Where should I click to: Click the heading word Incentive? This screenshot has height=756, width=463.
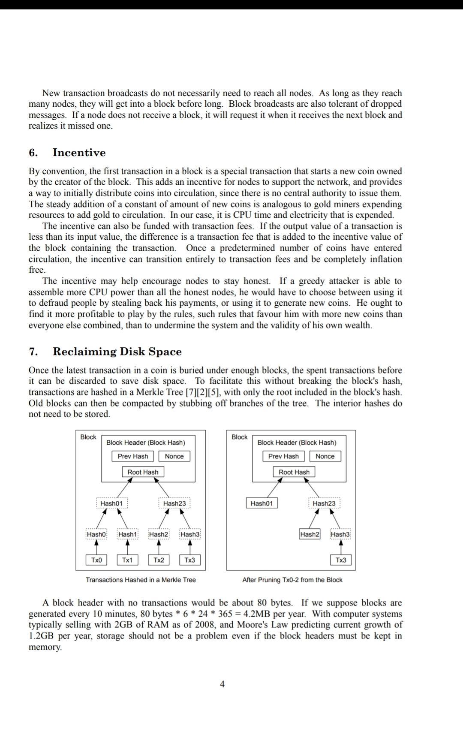click(x=79, y=153)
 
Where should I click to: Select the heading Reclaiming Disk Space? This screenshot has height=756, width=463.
click(x=117, y=352)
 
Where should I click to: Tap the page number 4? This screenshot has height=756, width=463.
click(x=222, y=684)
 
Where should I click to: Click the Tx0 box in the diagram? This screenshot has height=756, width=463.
click(x=96, y=560)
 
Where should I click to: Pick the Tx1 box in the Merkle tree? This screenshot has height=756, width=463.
click(x=127, y=560)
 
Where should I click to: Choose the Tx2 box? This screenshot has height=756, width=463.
click(x=159, y=560)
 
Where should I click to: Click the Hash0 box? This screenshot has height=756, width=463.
click(x=96, y=534)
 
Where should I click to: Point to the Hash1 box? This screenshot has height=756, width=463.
click(x=127, y=534)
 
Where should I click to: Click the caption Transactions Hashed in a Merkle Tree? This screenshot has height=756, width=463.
click(x=141, y=580)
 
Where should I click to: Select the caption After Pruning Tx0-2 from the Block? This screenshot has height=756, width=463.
click(x=292, y=580)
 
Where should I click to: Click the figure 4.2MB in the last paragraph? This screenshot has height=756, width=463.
click(x=257, y=614)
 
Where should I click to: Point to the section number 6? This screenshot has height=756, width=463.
click(x=33, y=153)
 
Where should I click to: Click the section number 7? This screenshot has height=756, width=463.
click(x=33, y=352)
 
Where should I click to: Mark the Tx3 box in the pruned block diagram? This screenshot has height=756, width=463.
click(x=341, y=560)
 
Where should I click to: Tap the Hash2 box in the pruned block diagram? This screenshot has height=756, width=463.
click(x=310, y=534)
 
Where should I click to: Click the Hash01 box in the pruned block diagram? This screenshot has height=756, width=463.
click(x=262, y=503)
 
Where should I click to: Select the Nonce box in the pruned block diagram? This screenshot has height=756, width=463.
click(x=325, y=456)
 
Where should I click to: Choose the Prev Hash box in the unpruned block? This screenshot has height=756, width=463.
click(x=133, y=456)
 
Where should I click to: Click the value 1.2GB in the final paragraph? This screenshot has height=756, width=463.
click(x=41, y=636)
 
